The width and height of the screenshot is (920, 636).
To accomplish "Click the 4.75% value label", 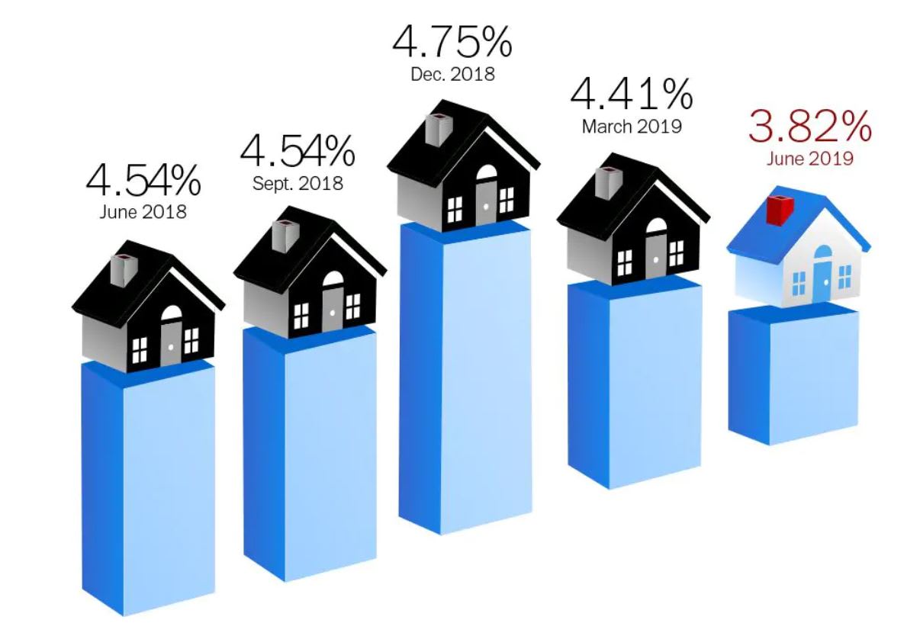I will [x=452, y=43].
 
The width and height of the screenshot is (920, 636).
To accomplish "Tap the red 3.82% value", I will [x=809, y=127].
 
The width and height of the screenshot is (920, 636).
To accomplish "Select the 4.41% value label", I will [x=632, y=95].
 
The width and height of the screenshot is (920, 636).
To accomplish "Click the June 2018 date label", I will [x=143, y=212].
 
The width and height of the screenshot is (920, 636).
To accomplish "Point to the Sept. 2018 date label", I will [x=298, y=184].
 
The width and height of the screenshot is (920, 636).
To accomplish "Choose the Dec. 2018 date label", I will [x=452, y=75].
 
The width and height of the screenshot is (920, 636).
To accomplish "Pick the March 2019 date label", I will [x=632, y=127].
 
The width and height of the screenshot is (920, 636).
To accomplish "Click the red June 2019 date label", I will [x=810, y=159].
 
